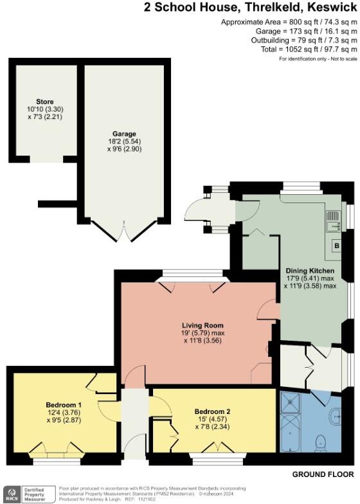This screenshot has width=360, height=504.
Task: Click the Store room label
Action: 45,101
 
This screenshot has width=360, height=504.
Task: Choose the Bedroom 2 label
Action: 213,409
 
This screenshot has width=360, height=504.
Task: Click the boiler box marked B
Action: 336,245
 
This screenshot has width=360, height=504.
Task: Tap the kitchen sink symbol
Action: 334,223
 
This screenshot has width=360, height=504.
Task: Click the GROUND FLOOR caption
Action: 323,474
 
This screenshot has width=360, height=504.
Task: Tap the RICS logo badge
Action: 12,494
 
